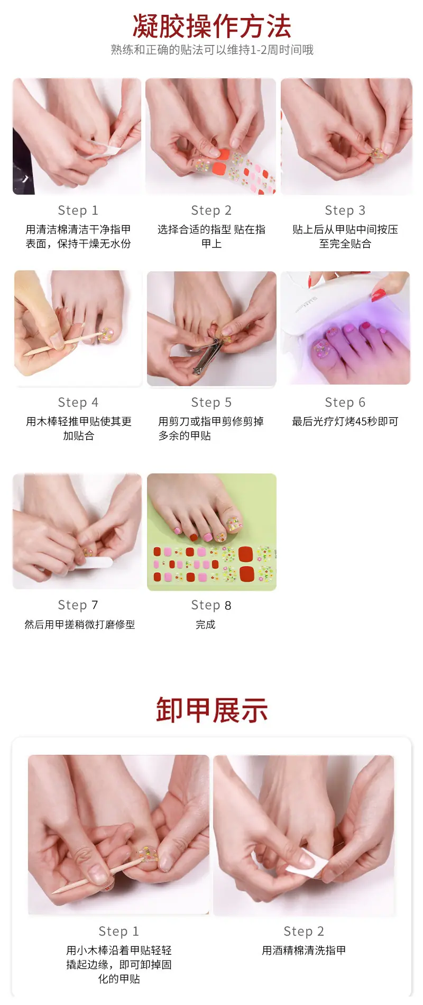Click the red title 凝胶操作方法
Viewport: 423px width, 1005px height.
point(212,26)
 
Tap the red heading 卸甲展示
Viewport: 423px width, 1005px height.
point(212,710)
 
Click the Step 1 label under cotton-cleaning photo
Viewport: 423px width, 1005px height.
point(78,211)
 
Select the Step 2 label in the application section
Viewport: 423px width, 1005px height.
point(212,211)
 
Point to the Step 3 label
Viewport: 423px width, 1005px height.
point(345,211)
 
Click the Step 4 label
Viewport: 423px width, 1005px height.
point(78,403)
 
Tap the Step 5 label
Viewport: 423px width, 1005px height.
point(212,403)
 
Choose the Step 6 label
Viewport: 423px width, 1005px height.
point(345,403)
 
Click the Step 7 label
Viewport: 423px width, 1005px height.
point(78,605)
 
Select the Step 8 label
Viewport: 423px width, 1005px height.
point(212,605)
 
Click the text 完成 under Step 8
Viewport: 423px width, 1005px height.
point(206,625)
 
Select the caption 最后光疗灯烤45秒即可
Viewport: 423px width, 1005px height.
point(345,422)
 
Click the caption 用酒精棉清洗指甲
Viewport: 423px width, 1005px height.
point(304,951)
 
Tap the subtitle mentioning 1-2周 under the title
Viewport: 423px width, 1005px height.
point(212,50)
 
